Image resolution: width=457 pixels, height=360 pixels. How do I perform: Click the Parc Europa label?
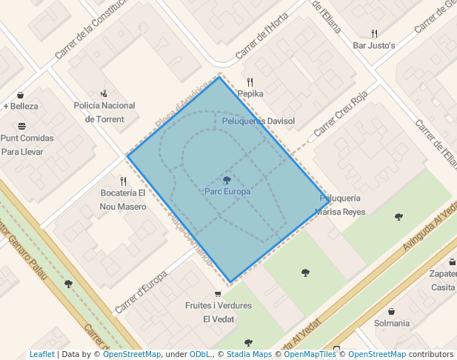(227, 191)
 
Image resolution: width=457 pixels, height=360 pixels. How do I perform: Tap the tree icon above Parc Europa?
(227, 180)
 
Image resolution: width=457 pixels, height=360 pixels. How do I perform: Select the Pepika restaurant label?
(250, 94)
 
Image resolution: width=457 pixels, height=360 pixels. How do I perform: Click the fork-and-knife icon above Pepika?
(250, 82)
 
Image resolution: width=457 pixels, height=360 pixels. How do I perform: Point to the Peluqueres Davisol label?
(258, 121)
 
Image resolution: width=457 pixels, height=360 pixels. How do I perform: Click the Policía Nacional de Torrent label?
(104, 112)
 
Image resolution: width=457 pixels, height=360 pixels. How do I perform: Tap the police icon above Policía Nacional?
(104, 93)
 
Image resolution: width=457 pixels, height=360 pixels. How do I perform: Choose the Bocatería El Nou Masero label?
(123, 200)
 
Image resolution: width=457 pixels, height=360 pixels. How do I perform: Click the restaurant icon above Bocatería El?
(123, 181)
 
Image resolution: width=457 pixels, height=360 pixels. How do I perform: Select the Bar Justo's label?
(374, 45)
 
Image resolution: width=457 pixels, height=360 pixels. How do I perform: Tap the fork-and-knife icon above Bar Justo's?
(374, 33)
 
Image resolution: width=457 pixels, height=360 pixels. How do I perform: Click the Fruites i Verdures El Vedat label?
(218, 312)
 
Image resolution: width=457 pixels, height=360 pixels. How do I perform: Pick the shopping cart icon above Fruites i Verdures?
(217, 294)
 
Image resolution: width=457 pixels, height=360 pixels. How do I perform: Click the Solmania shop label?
(392, 323)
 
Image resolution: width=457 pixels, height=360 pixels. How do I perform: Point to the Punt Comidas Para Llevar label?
(27, 144)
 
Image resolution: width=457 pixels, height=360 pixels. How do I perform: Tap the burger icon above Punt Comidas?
(21, 126)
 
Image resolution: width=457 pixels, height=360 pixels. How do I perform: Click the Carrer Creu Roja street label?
(341, 119)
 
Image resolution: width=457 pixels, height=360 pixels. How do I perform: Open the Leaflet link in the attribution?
(41, 354)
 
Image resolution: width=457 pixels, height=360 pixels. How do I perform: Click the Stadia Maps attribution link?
(250, 354)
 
